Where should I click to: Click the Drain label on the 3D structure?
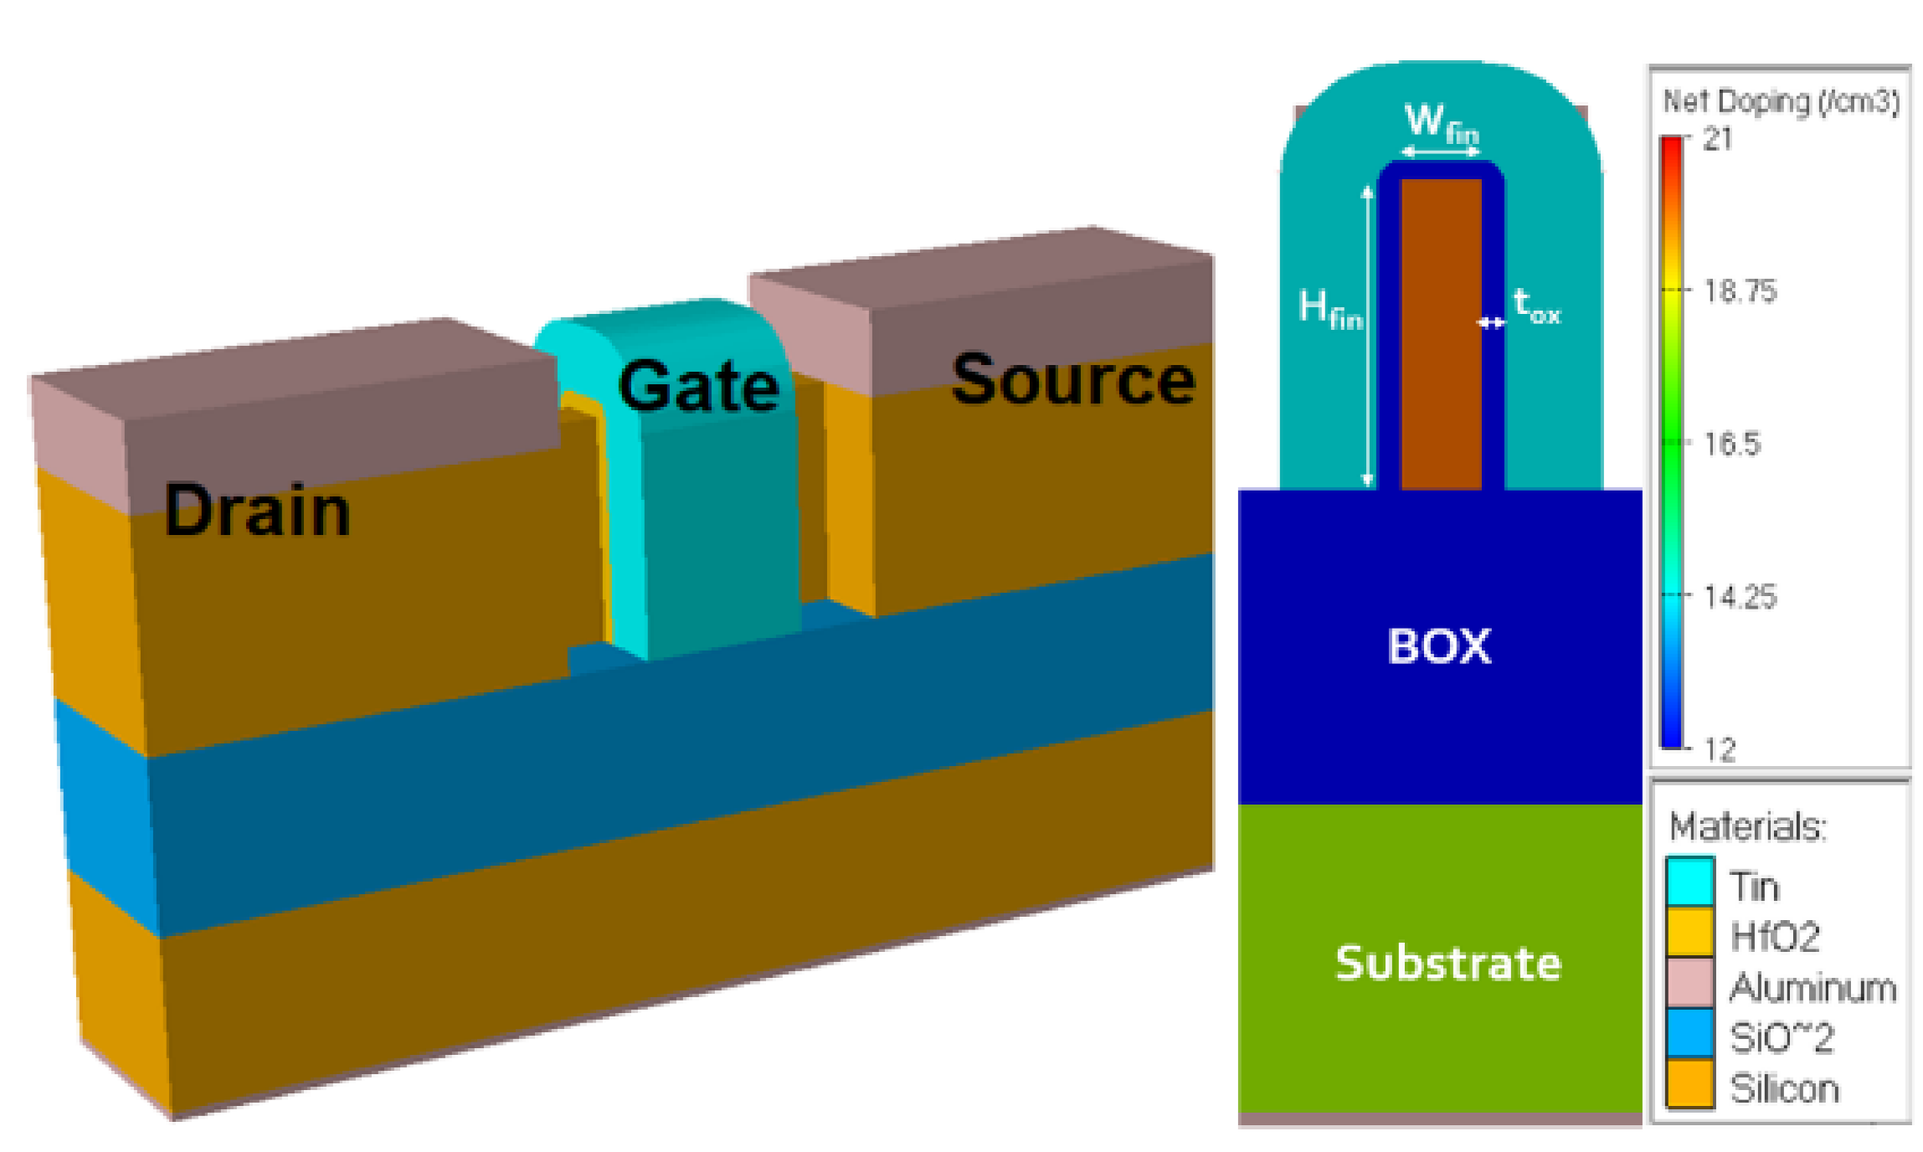[256, 512]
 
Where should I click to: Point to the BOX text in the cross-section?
[1439, 646]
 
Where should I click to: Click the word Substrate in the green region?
[1447, 963]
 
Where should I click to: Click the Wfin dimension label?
[1440, 123]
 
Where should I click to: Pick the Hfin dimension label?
[1329, 308]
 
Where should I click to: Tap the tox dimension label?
[1536, 306]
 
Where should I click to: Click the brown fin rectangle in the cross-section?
[1441, 335]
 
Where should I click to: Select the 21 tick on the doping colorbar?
[1718, 139]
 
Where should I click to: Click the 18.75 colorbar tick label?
[1739, 291]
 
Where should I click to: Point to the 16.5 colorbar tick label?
[1731, 444]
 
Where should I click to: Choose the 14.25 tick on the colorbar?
[1739, 597]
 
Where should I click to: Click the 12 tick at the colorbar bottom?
[1720, 749]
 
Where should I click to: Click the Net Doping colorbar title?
[1780, 101]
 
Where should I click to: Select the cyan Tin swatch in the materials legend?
[1689, 881]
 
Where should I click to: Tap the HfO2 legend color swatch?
[1689, 932]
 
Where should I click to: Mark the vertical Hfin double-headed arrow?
[1367, 335]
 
